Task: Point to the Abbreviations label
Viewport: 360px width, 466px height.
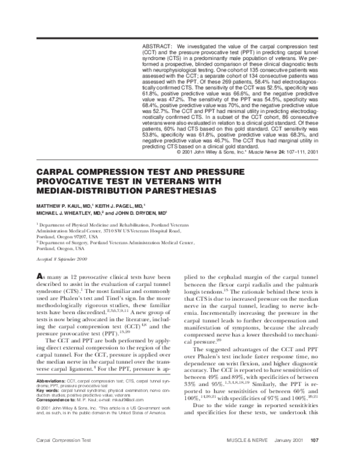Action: pos(45,398)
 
